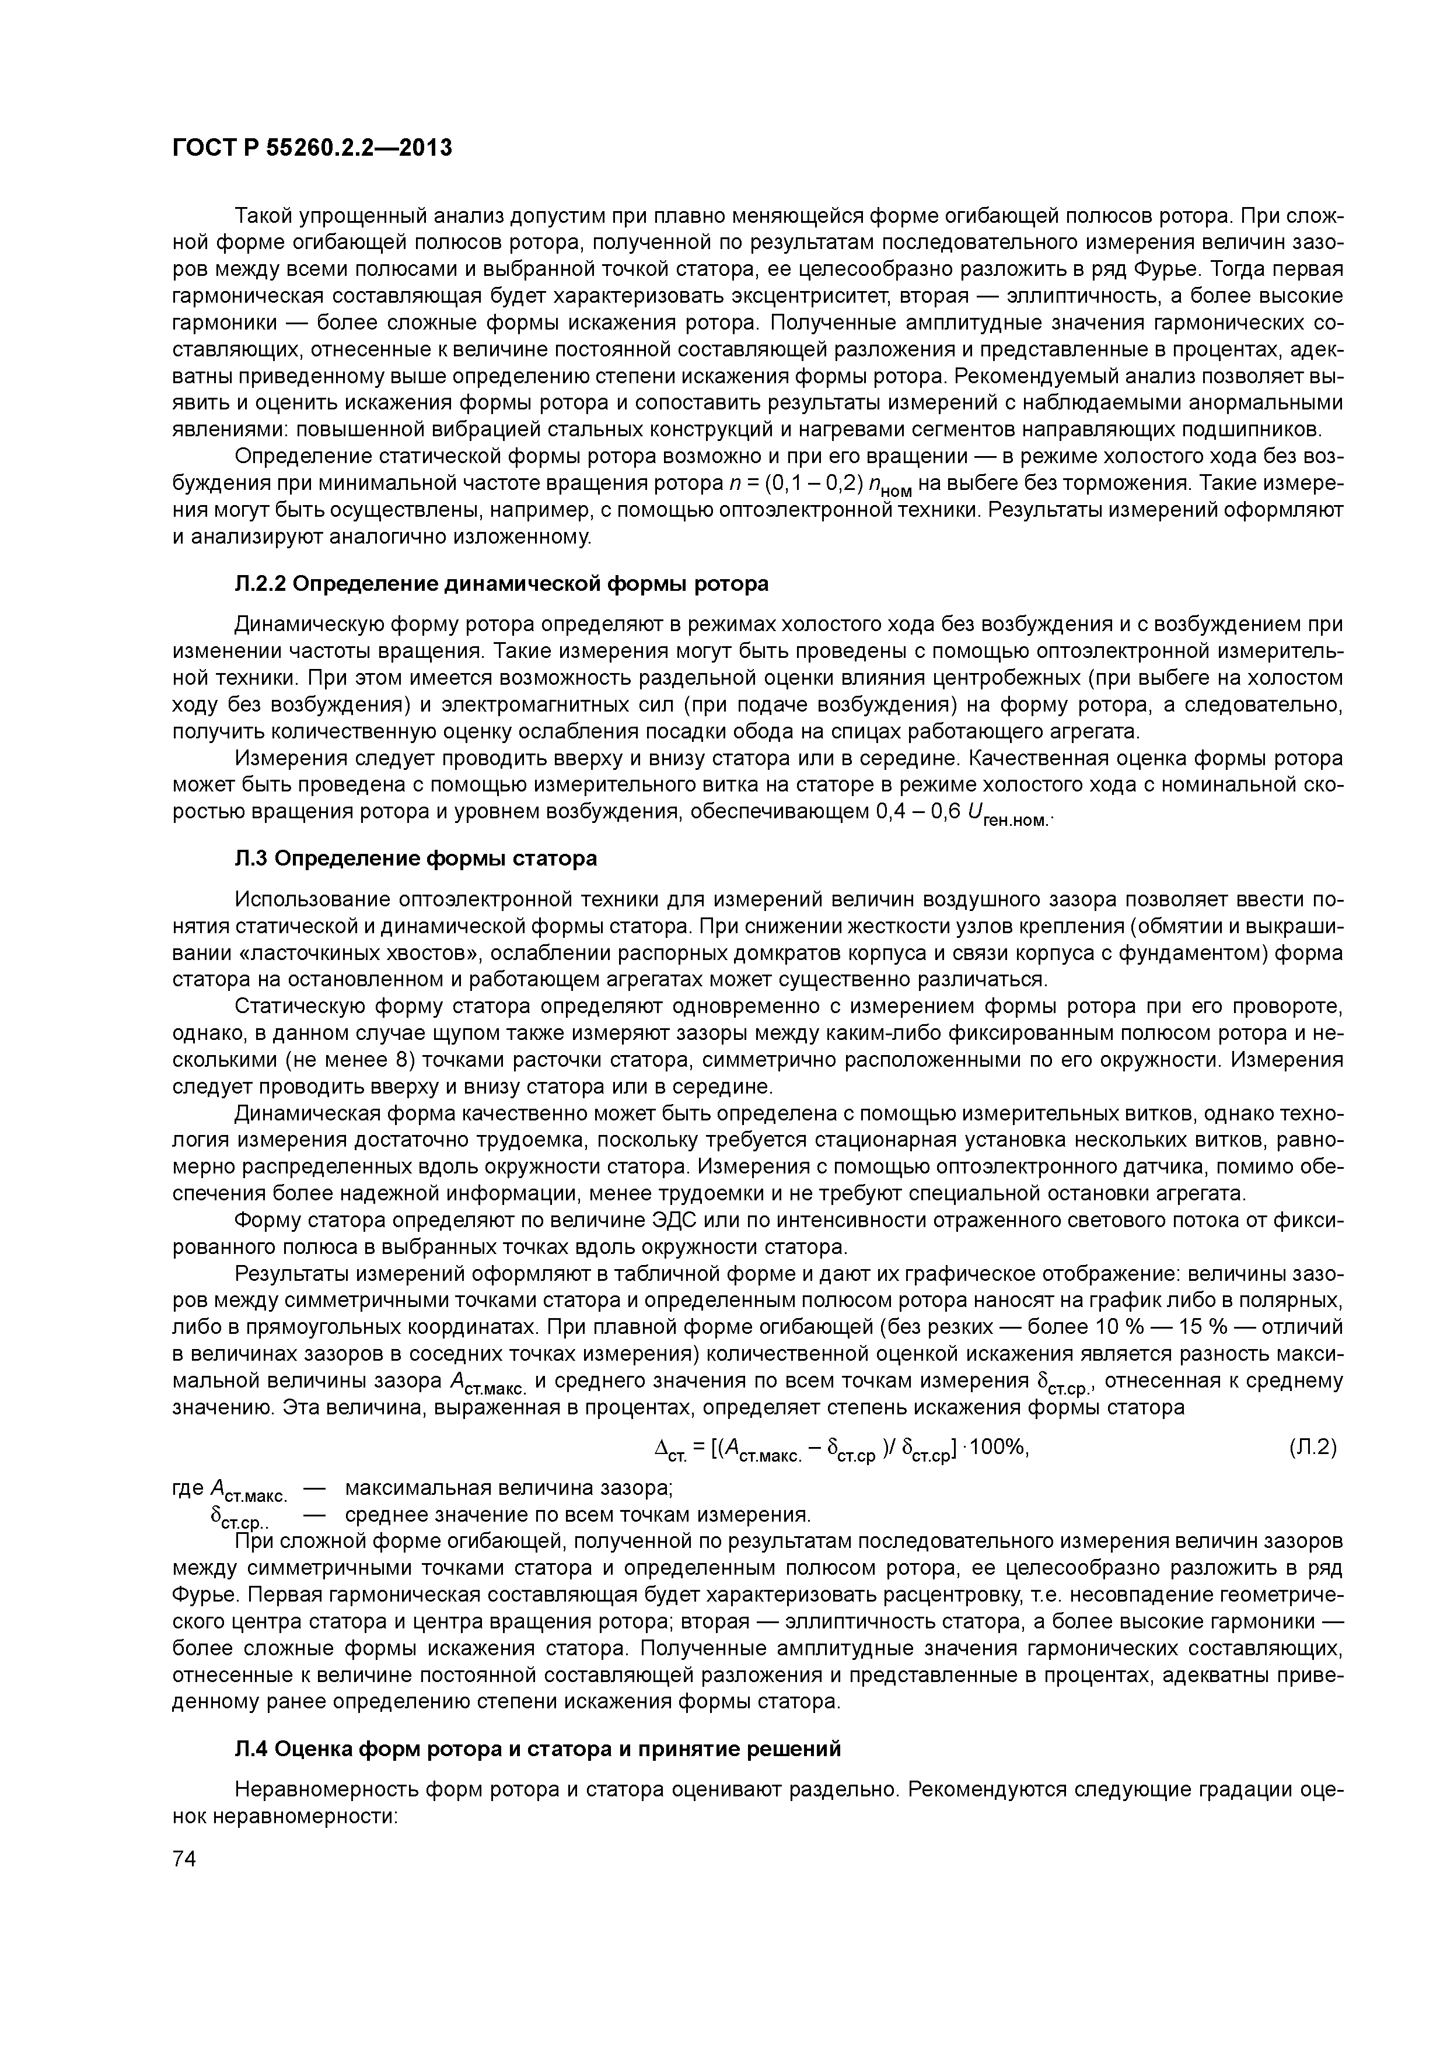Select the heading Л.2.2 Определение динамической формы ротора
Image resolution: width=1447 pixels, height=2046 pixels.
501,584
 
